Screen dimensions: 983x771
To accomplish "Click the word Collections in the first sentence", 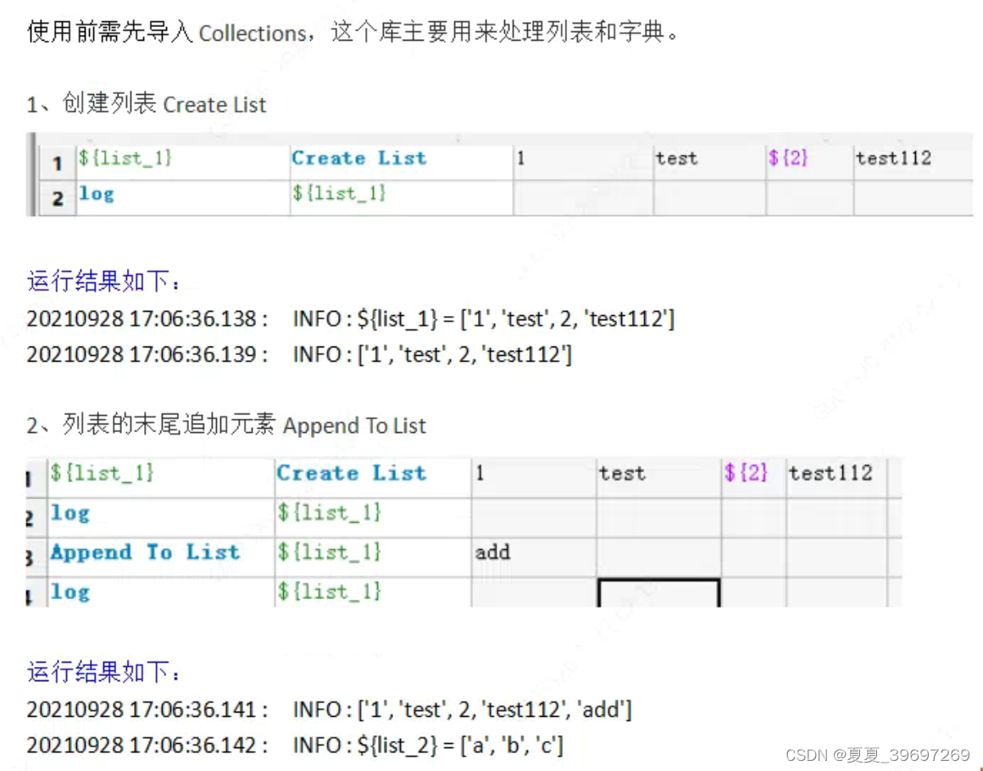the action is (252, 33).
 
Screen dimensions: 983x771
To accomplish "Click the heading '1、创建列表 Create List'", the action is (147, 105).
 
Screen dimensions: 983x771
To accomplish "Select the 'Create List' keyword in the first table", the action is (358, 158).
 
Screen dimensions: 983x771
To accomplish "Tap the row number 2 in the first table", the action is (58, 198).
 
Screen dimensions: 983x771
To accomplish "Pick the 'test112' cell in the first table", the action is (893, 158).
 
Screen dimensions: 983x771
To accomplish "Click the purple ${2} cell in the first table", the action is (788, 158).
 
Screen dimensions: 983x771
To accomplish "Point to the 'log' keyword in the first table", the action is (97, 194).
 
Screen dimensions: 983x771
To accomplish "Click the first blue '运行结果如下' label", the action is (103, 282).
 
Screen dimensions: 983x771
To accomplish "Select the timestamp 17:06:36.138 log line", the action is (350, 319).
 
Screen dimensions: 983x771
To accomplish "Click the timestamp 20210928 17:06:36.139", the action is (147, 354).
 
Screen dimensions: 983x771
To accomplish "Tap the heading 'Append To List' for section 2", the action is (354, 425).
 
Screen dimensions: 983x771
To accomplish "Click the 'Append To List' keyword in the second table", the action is (145, 552).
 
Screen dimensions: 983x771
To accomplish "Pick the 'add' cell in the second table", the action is (492, 552).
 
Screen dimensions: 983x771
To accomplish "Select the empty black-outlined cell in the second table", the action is (658, 592).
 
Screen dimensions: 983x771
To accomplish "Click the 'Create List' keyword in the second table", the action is (351, 474).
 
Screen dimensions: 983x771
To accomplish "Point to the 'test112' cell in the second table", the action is (830, 474).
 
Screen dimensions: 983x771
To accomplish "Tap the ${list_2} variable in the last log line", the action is (403, 746).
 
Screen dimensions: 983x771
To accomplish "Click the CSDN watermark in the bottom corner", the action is (877, 755).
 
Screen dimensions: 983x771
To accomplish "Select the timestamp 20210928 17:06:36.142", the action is (147, 746).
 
